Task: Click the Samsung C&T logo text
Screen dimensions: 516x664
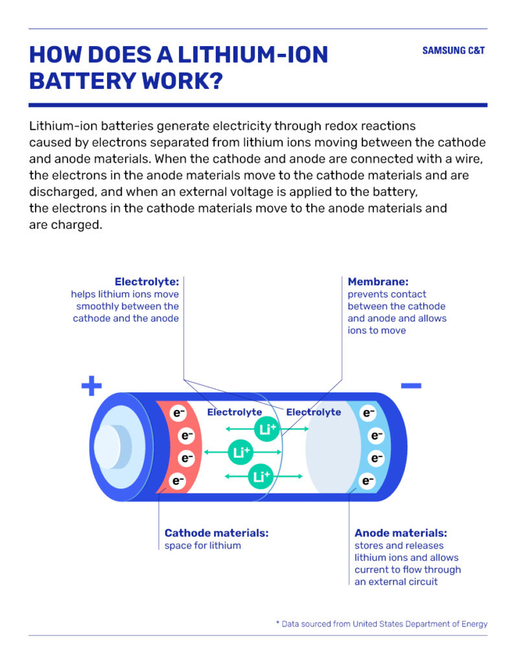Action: (453, 51)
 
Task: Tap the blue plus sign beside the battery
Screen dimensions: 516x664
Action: (91, 386)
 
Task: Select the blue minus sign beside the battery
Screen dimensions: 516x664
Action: (411, 385)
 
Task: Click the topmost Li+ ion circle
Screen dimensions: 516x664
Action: (266, 429)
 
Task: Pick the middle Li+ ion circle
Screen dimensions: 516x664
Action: (240, 452)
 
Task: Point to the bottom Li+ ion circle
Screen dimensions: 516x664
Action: (261, 477)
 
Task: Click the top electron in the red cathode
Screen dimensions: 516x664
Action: (178, 412)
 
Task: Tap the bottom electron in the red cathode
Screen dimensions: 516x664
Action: (178, 480)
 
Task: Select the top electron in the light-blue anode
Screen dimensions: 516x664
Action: (368, 412)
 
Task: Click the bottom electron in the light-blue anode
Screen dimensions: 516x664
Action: (368, 480)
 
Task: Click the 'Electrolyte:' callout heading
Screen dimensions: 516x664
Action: (147, 281)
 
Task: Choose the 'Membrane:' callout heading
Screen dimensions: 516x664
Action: (378, 281)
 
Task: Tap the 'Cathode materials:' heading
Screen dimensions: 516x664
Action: (217, 533)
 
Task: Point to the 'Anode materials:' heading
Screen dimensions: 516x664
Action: (401, 533)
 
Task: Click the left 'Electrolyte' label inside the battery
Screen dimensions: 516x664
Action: (235, 412)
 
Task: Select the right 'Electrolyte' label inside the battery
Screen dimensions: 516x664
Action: (314, 412)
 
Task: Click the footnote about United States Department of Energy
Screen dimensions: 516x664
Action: (382, 624)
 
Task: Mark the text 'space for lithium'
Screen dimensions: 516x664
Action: (203, 545)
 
